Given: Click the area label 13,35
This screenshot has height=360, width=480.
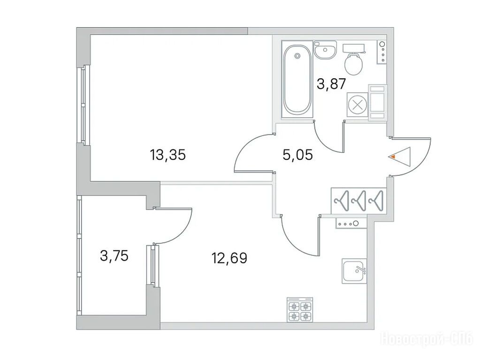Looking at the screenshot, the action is tap(168, 155).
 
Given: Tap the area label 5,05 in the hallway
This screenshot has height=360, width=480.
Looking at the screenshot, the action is tap(297, 155).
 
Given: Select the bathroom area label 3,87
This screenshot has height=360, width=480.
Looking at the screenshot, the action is tap(331, 84).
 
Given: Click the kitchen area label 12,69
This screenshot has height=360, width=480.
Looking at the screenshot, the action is tap(229, 258).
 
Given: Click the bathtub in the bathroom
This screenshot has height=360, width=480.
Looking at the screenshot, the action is tap(297, 80).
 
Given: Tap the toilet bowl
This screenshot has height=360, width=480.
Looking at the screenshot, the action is tap(354, 64).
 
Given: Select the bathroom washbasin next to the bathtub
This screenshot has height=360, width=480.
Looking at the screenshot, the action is tap(325, 50).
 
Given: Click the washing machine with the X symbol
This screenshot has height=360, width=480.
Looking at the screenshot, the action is tap(357, 105).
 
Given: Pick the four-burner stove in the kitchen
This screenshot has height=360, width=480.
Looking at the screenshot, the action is tap(300, 309).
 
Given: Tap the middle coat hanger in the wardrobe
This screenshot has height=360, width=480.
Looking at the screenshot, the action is tap(359, 201).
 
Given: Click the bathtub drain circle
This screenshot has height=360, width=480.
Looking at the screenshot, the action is tap(297, 56).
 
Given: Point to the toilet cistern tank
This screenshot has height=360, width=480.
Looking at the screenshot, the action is tap(354, 48).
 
